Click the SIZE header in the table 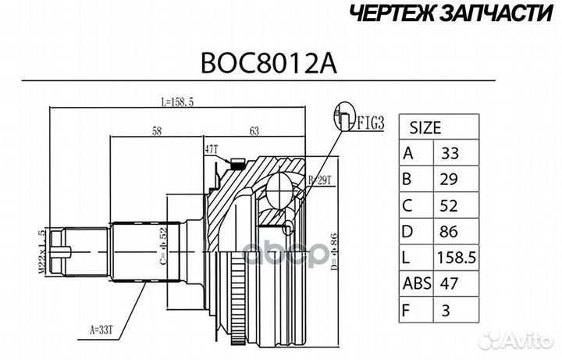click(x=425, y=127)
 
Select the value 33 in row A click(x=451, y=154)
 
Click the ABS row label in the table click(x=417, y=284)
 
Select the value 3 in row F click(x=446, y=311)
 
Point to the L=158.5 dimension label click(x=185, y=102)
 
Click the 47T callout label click(x=210, y=148)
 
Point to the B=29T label click(x=319, y=180)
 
